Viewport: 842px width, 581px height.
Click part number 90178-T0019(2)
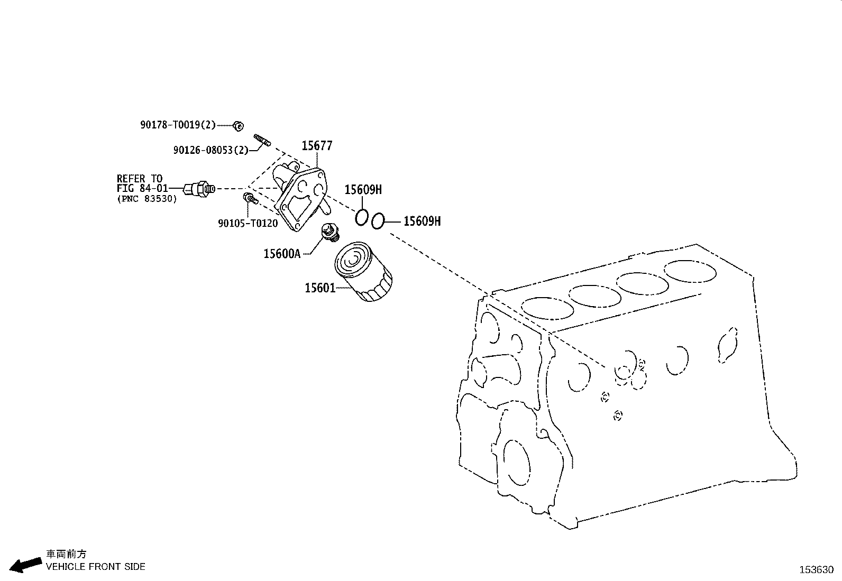178,125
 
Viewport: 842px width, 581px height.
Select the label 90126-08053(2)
211,150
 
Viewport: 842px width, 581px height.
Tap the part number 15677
317,145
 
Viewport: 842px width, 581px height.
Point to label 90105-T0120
248,223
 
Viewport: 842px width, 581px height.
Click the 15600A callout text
282,254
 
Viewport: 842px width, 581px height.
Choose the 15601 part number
320,288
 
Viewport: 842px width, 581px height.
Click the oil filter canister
363,271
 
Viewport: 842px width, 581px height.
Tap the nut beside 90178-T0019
238,126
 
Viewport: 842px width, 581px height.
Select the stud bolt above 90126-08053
262,140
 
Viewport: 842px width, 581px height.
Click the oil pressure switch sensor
199,188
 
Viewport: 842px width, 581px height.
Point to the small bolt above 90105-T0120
250,198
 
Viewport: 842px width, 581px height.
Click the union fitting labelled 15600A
331,232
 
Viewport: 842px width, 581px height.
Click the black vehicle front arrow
25,565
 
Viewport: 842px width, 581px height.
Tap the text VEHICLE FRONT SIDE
96,567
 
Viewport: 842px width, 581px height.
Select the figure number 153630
817,570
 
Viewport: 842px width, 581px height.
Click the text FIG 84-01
142,188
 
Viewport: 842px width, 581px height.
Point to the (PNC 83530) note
147,199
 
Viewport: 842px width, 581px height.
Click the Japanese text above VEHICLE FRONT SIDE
66,554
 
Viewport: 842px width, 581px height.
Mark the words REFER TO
140,179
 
